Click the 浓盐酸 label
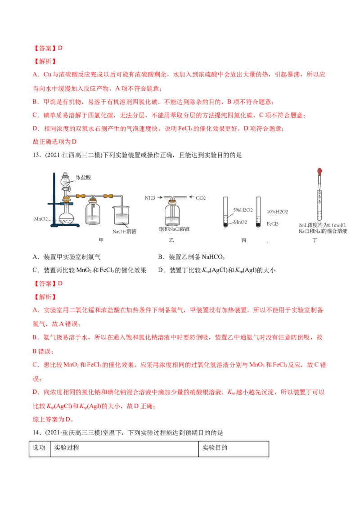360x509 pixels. pyautogui.click(x=84, y=178)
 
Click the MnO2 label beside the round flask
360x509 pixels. pyautogui.click(x=41, y=219)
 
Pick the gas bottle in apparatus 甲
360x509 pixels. pyautogui.click(x=93, y=213)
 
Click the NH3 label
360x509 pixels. pyautogui.click(x=150, y=198)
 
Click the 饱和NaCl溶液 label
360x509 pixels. pyautogui.click(x=174, y=229)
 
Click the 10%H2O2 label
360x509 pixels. pyautogui.click(x=277, y=211)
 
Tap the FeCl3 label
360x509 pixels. pyautogui.click(x=274, y=223)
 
